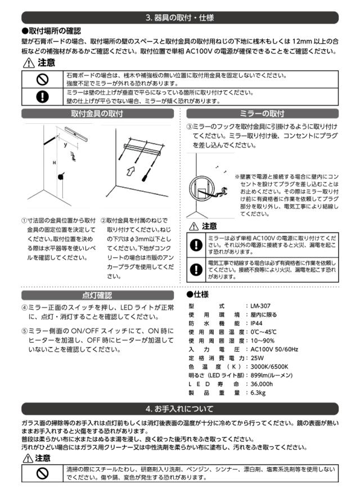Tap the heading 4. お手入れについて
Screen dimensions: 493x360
point(179,408)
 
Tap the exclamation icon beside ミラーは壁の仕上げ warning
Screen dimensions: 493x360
point(41,97)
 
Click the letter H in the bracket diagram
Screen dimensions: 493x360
point(54,163)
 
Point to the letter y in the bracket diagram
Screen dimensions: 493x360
point(65,145)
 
